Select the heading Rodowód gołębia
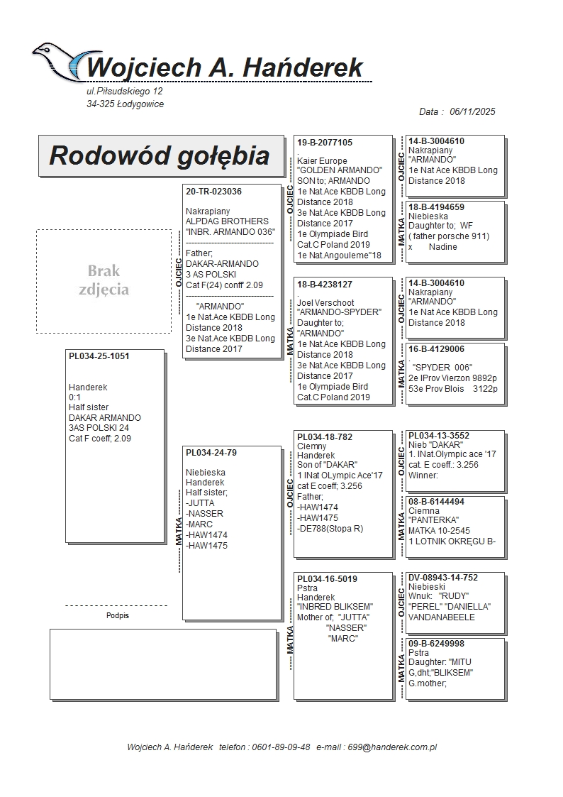point(160,155)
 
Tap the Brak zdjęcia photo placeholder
point(104,280)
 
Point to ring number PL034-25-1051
point(99,356)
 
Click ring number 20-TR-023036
point(213,192)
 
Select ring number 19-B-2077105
point(325,143)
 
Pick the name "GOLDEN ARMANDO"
point(340,171)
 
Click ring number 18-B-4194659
point(436,207)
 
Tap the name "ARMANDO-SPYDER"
point(339,312)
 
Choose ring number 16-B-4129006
point(436,349)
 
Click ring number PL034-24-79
point(211,452)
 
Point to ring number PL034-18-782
point(325,437)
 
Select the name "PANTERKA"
point(434,520)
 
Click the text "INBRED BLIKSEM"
point(335,608)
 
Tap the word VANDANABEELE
point(442,617)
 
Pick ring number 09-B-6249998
point(436,644)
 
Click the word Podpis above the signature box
point(117,615)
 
